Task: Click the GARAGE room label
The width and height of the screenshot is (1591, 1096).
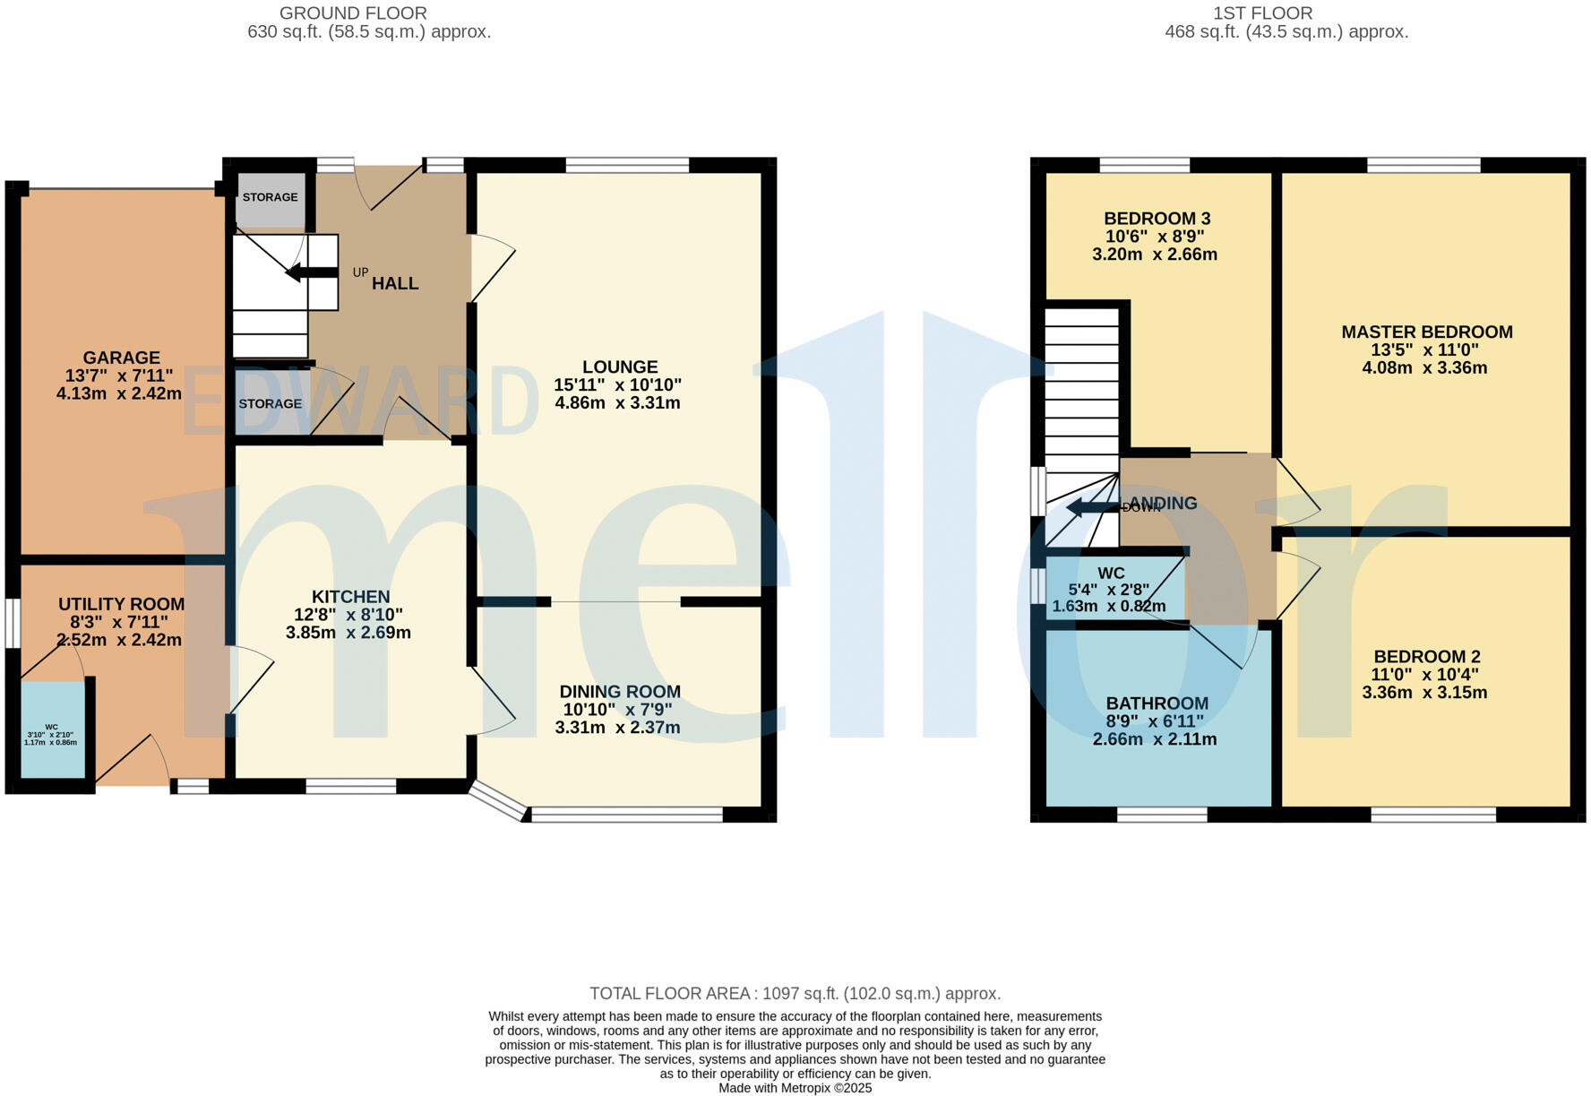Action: click(121, 358)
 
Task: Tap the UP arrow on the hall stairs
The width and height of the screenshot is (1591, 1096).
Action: click(310, 272)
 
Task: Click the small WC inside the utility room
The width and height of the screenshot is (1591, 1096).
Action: click(52, 730)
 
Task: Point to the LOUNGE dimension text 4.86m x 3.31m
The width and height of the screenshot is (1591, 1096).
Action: click(617, 403)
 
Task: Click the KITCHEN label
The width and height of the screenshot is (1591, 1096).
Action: click(350, 597)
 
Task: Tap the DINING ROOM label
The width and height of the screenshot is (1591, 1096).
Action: click(619, 692)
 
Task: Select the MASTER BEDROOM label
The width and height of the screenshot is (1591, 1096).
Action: click(1426, 332)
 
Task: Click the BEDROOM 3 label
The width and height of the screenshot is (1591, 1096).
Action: click(1157, 219)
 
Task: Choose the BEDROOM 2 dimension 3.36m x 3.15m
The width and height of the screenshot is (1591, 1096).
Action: click(1424, 693)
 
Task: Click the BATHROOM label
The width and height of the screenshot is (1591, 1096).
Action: click(1157, 703)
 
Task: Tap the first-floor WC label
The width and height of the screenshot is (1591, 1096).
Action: click(1111, 574)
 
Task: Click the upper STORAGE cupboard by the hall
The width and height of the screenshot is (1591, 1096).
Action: click(270, 197)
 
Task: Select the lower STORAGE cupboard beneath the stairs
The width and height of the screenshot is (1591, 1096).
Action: click(270, 404)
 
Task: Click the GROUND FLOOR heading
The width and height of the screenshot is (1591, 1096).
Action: click(353, 13)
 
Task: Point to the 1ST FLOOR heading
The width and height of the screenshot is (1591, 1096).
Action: click(1262, 13)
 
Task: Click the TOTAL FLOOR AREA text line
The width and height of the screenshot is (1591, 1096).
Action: click(795, 993)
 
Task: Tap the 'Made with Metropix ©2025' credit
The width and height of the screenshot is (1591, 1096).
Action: click(795, 1088)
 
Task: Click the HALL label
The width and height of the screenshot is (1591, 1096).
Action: click(395, 284)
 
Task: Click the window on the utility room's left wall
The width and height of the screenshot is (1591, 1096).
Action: click(12, 622)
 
